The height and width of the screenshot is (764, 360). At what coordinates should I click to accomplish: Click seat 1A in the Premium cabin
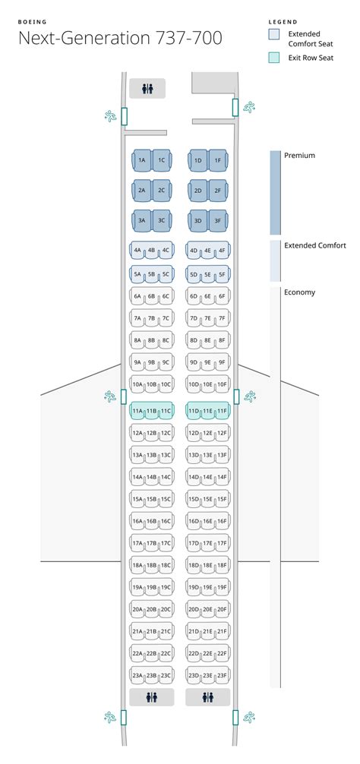[x=141, y=160]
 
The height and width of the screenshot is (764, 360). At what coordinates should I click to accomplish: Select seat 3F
[x=217, y=221]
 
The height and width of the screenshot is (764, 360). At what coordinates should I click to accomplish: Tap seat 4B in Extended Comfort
[x=151, y=250]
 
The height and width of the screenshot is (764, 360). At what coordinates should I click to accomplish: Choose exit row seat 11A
[x=137, y=411]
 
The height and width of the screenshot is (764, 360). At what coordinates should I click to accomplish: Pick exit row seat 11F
[x=222, y=411]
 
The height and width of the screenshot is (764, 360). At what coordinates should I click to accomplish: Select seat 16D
[x=194, y=522]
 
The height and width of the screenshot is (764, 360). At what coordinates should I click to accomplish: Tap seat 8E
[x=207, y=341]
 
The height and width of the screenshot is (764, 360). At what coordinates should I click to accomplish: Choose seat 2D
[x=197, y=191]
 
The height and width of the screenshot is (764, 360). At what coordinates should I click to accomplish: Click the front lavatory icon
[x=147, y=89]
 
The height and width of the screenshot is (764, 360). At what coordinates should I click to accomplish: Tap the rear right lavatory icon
[x=208, y=696]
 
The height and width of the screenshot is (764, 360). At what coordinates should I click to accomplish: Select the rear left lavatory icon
[x=152, y=696]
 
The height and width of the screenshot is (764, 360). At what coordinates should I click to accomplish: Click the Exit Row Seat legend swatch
[x=274, y=57]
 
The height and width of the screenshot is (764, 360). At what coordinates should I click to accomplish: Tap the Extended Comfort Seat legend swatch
[x=274, y=34]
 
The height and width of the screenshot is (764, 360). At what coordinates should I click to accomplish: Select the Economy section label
[x=299, y=292]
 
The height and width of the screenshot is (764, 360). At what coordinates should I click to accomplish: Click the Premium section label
[x=299, y=156]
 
